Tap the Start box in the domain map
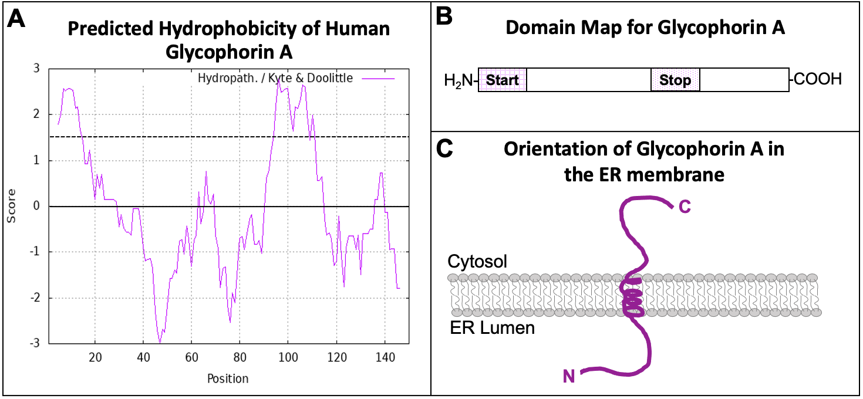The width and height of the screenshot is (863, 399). pos(503,80)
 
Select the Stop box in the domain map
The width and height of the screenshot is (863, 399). pos(675,80)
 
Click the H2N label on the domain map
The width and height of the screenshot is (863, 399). pos(460,80)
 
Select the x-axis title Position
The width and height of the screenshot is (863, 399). pos(228,378)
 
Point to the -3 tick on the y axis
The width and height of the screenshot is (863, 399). pos(36,343)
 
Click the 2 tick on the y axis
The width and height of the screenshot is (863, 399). pos(36,114)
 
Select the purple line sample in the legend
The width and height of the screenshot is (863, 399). pos(378,78)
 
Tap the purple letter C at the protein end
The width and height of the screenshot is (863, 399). pos(685,206)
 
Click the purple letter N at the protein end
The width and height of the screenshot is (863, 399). pos(569,376)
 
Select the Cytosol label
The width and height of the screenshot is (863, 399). pos(477,261)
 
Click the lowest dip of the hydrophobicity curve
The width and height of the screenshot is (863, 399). pos(160,342)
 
